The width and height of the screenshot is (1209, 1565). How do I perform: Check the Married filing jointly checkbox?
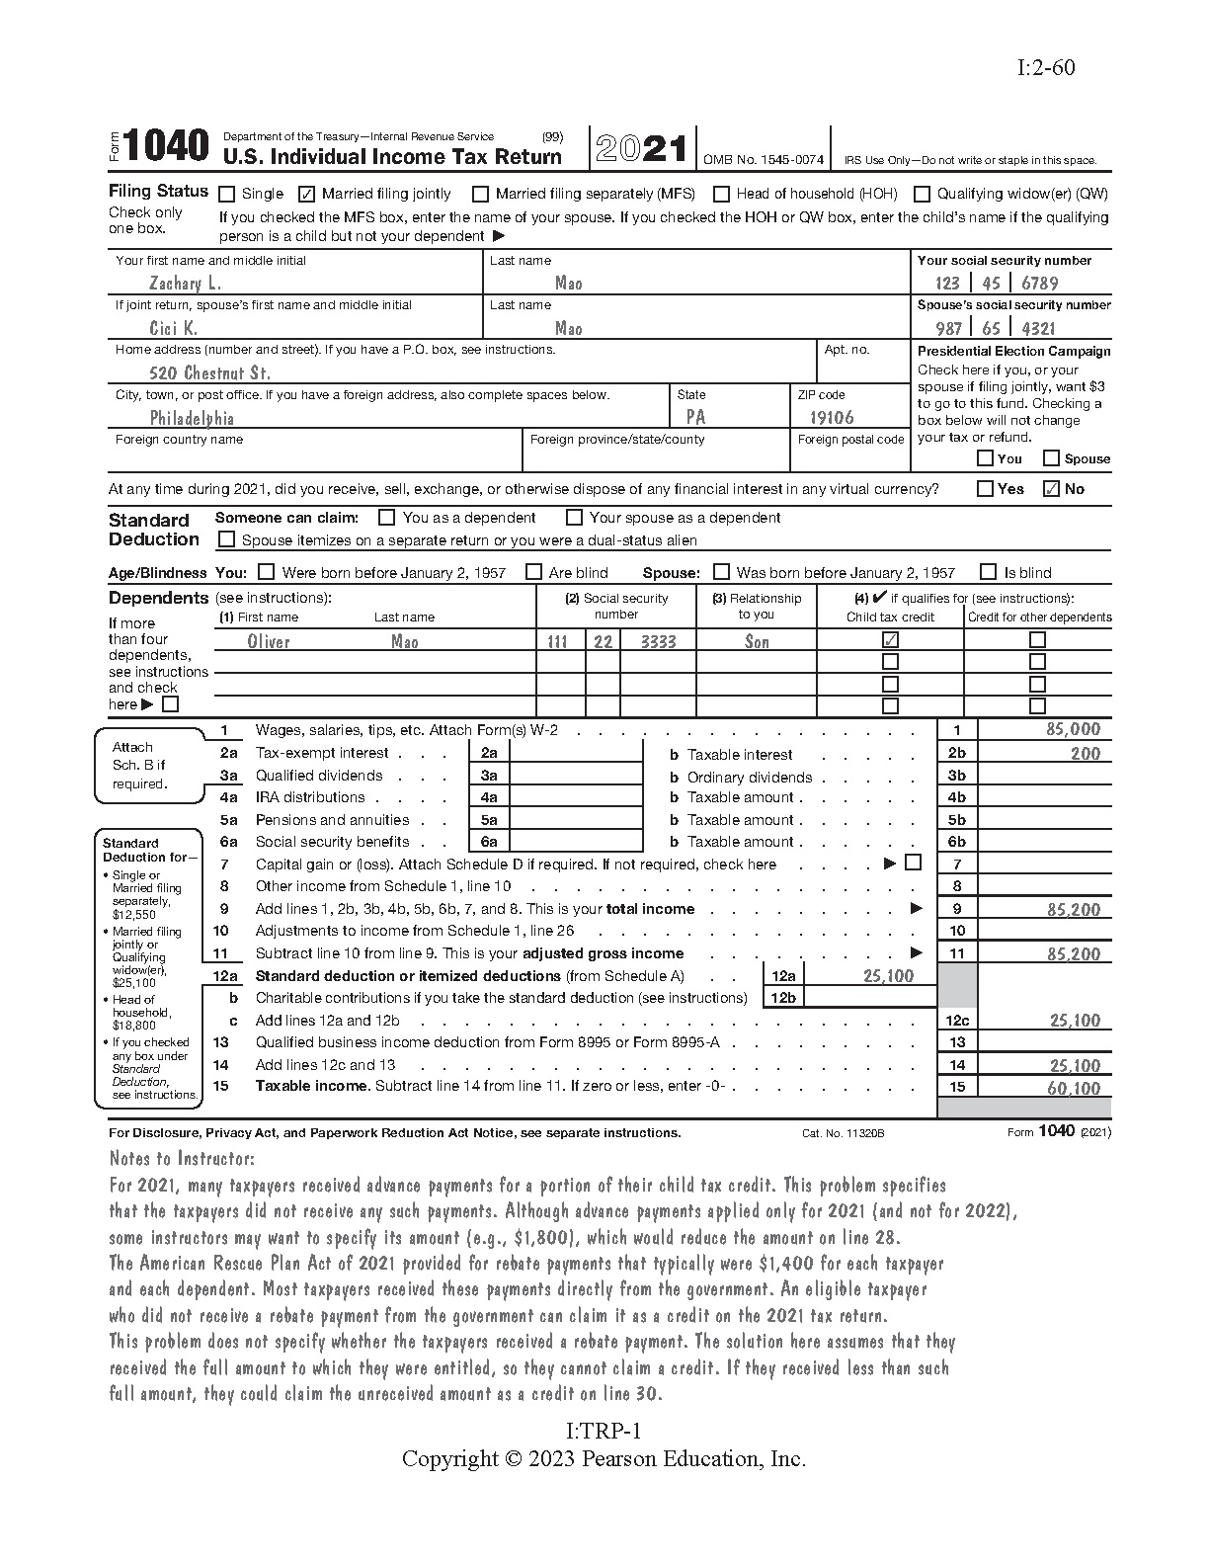(306, 195)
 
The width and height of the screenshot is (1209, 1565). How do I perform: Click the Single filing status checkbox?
(227, 195)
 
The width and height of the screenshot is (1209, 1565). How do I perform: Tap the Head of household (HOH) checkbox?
(721, 195)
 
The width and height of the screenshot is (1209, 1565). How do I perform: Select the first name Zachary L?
(185, 284)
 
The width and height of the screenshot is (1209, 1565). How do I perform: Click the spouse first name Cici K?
(173, 328)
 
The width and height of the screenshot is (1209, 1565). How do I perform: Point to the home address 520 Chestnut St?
(209, 372)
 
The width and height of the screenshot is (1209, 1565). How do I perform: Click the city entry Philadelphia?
(192, 418)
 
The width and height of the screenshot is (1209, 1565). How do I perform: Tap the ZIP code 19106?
(832, 418)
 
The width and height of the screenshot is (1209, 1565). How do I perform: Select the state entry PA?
(695, 417)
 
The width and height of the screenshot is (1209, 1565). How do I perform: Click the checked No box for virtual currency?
(1052, 488)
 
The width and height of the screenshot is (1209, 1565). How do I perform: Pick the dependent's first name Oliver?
(269, 642)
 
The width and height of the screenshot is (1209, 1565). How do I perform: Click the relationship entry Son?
(757, 642)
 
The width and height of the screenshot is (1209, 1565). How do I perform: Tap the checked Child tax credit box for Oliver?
(890, 640)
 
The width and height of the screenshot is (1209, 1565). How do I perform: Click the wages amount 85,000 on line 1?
(1073, 729)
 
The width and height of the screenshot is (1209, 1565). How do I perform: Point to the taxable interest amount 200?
(1085, 753)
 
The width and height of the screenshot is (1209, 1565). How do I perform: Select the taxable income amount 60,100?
(1073, 1088)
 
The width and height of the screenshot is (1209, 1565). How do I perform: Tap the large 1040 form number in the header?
(167, 147)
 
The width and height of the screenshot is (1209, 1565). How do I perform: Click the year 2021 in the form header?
(641, 149)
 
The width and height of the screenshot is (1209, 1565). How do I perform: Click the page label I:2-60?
(1045, 67)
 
